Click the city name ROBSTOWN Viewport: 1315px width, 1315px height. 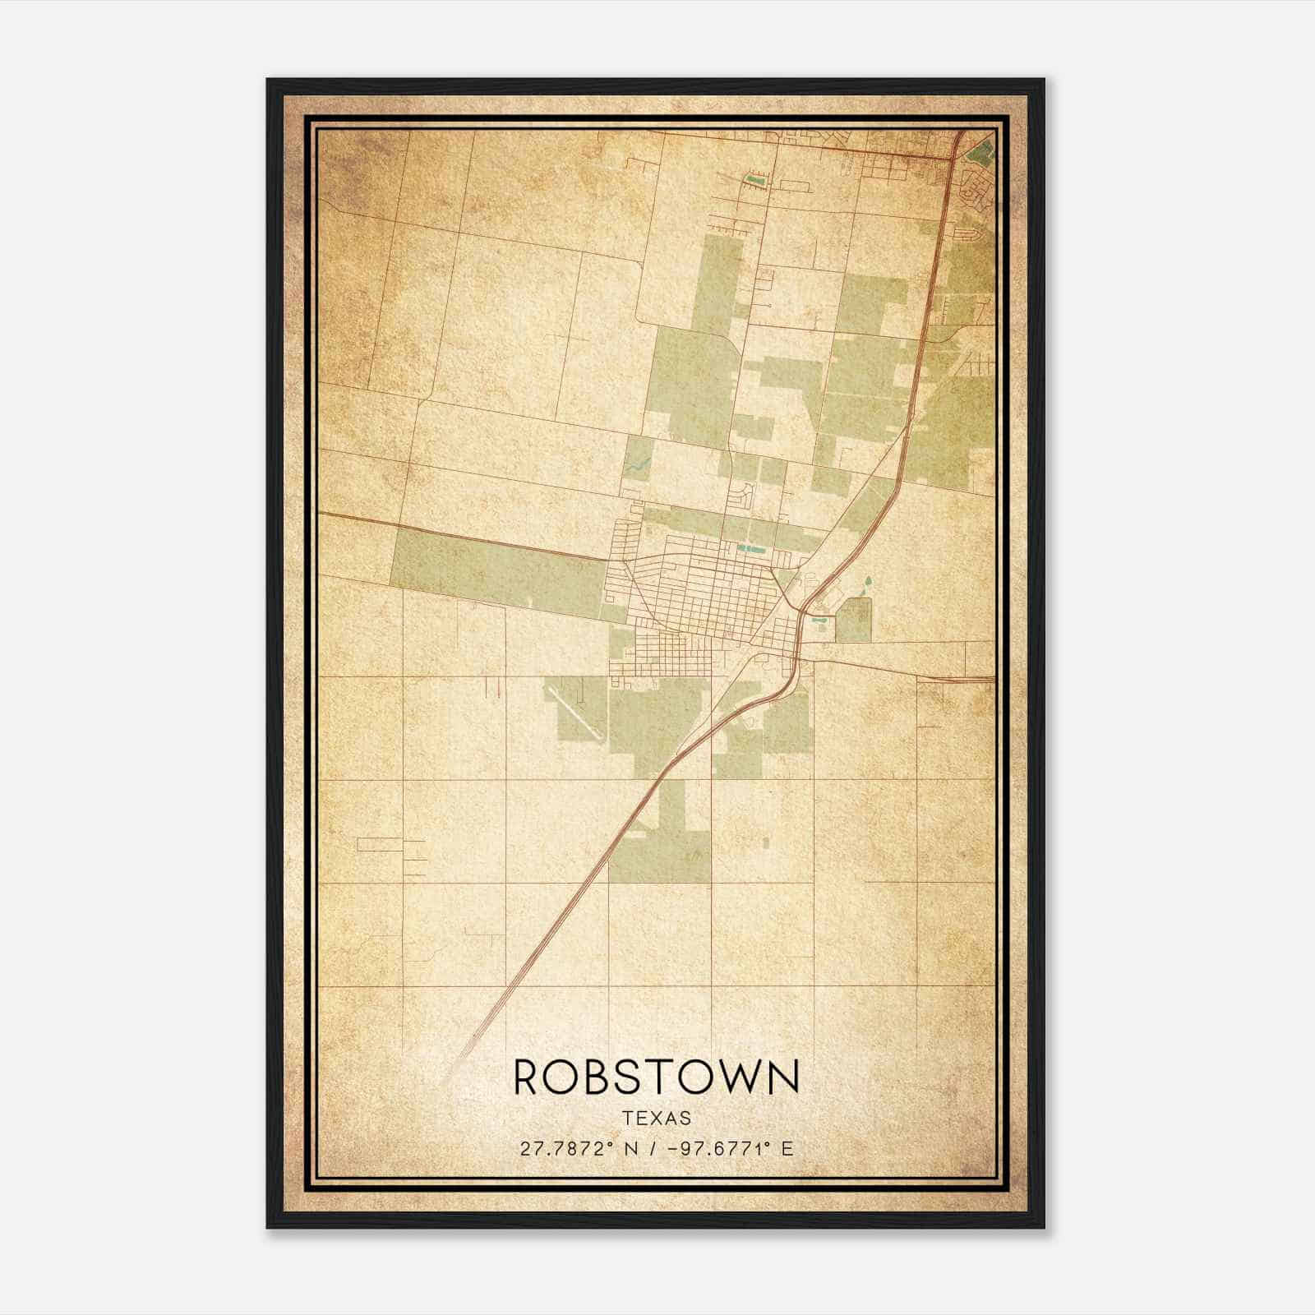coord(656,1077)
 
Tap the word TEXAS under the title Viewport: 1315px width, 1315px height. coord(657,1118)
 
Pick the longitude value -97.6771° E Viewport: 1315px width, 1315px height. coord(731,1149)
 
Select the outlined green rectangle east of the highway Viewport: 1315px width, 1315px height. coord(853,620)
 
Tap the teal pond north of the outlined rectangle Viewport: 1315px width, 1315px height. coord(867,587)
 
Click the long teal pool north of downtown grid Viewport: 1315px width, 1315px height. coord(751,548)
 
